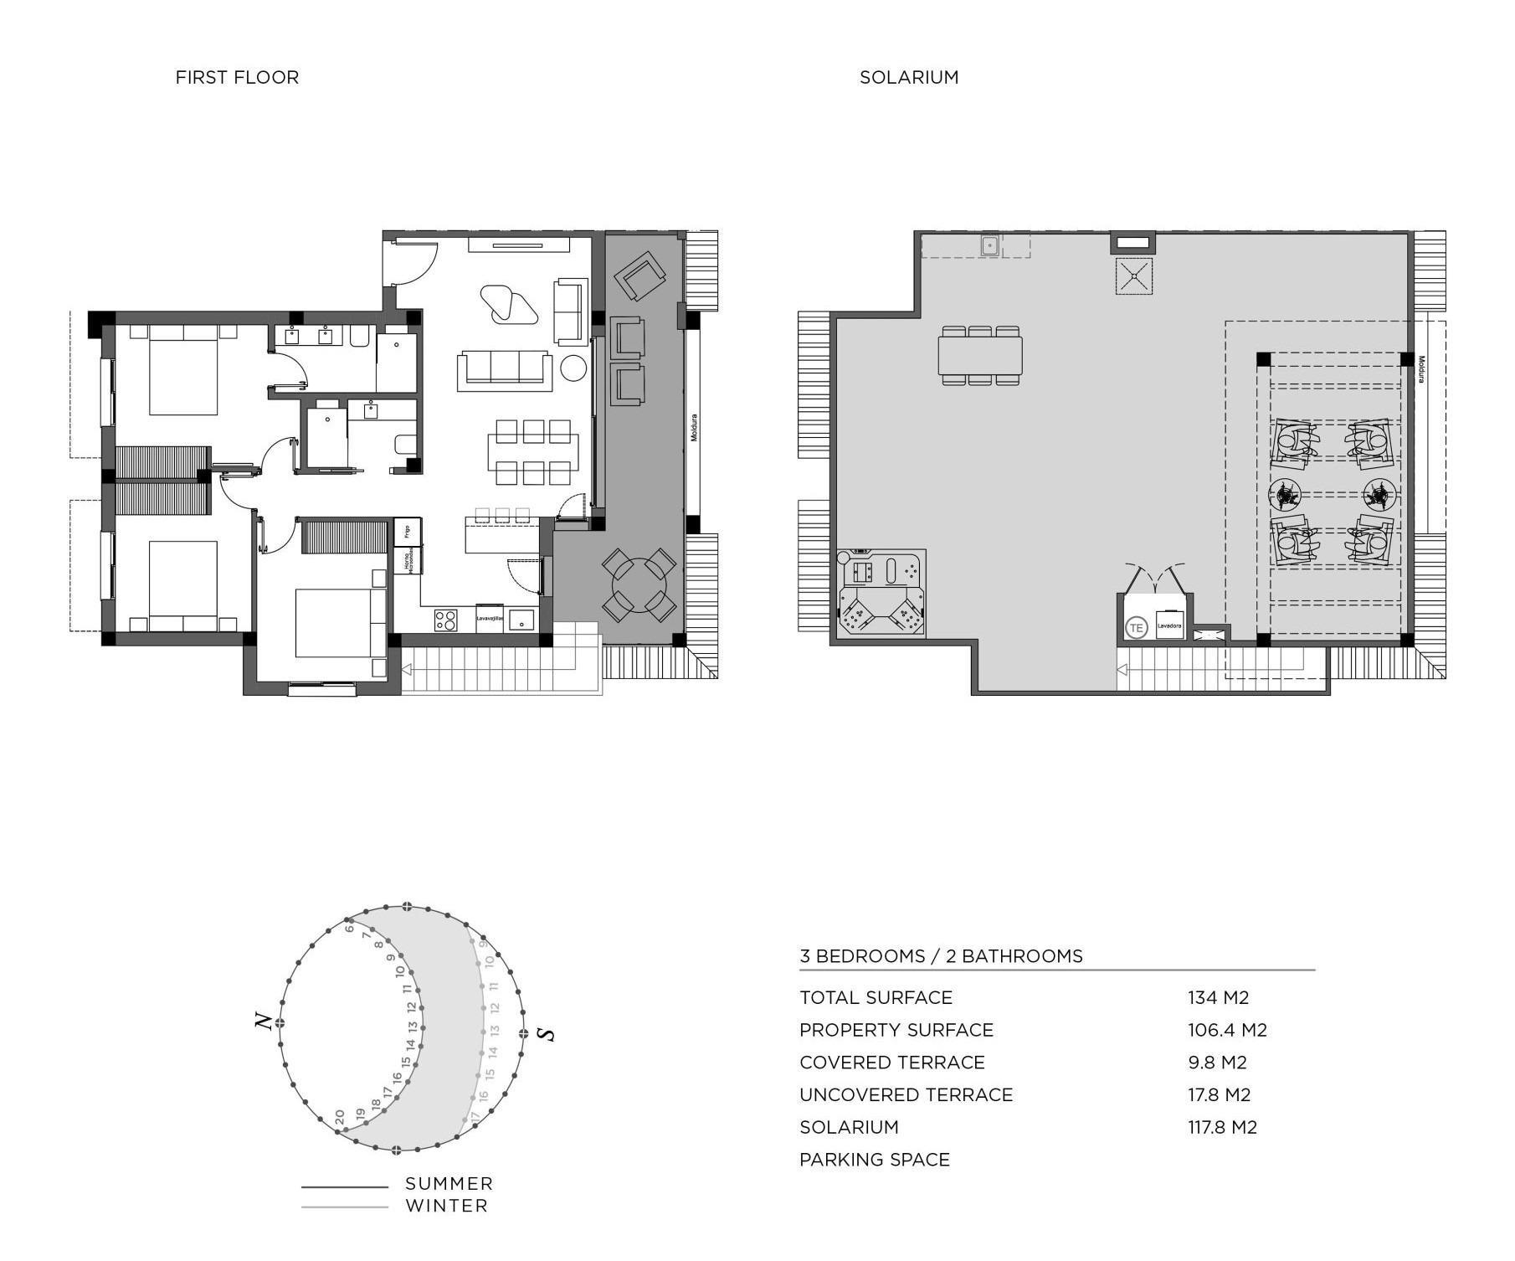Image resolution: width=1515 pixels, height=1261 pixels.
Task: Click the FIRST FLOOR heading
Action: point(237,77)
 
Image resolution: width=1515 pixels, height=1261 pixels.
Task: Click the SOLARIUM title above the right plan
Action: point(908,77)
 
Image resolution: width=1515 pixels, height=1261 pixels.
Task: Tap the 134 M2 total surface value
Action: point(1218,997)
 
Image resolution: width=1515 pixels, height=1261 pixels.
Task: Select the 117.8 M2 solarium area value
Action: point(1222,1127)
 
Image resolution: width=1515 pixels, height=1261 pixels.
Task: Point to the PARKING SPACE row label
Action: point(874,1160)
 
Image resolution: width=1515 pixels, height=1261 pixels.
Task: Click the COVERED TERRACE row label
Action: point(891,1063)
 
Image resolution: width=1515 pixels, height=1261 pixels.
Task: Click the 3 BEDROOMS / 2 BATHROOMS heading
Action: point(941,956)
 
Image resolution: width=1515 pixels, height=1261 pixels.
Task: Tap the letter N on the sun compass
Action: point(263,1022)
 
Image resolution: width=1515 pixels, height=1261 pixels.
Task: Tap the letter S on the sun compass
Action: point(547,1034)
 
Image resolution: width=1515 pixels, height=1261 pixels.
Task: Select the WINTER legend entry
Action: point(446,1207)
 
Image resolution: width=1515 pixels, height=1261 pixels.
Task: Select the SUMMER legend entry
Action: point(449,1184)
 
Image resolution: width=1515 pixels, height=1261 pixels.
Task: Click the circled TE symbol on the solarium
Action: point(1136,627)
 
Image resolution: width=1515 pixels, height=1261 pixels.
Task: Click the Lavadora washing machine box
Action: point(1169,625)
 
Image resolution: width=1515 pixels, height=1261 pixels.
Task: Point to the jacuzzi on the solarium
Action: point(881,594)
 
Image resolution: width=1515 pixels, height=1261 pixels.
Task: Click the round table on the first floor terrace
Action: point(639,585)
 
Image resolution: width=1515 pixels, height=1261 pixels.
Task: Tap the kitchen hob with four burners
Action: point(445,620)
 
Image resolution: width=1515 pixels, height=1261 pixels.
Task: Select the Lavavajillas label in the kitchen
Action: point(490,619)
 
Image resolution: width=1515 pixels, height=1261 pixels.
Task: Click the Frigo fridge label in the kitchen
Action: point(408,531)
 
